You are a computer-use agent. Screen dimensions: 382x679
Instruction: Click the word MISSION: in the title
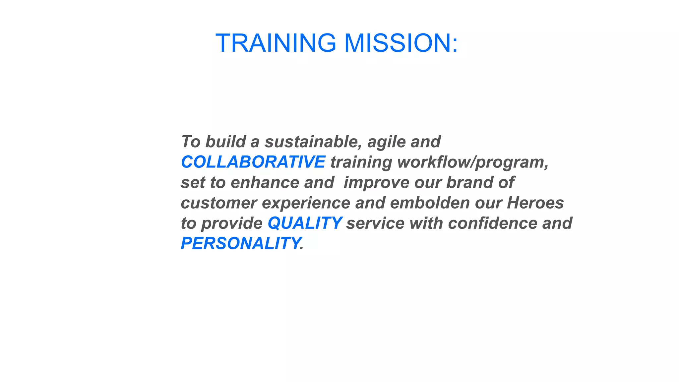click(x=401, y=43)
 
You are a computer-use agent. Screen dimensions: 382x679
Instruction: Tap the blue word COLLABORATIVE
click(x=253, y=162)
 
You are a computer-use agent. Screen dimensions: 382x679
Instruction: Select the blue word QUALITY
click(x=304, y=223)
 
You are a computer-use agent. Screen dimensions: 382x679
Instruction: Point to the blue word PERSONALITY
click(x=240, y=243)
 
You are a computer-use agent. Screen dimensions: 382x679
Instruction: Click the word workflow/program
click(x=472, y=162)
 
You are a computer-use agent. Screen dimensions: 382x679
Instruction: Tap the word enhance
click(x=265, y=183)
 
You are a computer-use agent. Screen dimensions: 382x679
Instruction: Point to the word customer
click(x=219, y=203)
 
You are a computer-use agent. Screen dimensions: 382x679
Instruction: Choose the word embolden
click(x=430, y=203)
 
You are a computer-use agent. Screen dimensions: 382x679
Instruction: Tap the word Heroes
click(x=535, y=203)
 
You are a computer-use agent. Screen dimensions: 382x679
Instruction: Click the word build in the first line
click(x=225, y=142)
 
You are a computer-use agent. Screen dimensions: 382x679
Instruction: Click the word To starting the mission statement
click(x=191, y=142)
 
